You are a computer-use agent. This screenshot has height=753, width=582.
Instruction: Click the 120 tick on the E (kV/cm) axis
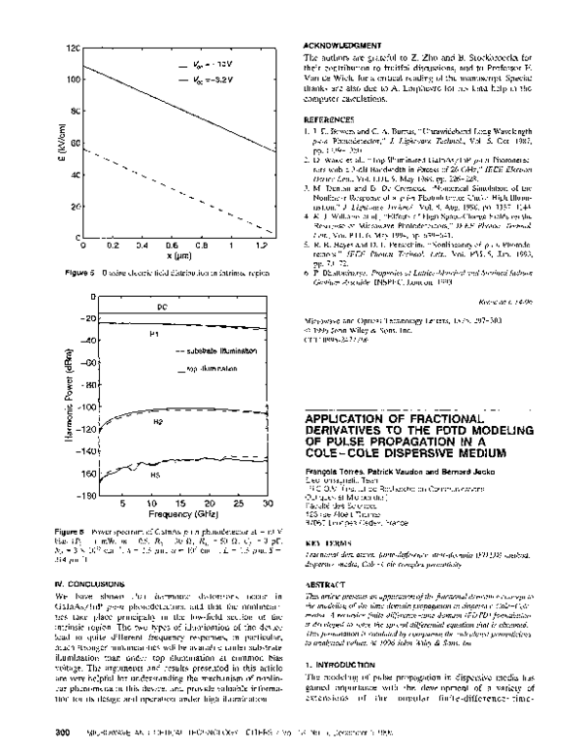point(69,48)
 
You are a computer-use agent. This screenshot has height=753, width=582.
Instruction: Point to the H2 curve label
point(157,424)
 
